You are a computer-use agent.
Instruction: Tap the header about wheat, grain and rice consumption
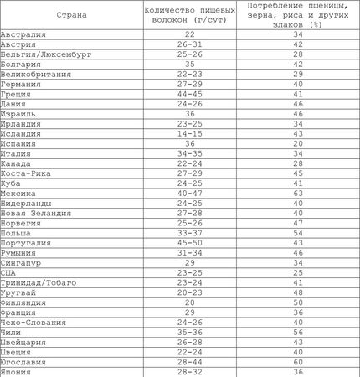coord(299,15)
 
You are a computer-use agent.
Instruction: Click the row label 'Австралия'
coord(24,34)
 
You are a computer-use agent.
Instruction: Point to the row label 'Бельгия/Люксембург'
coord(45,53)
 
